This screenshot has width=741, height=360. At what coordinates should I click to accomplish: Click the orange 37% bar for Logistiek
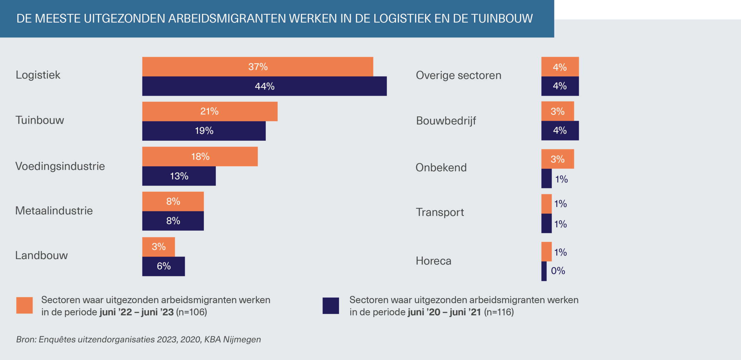pyautogui.click(x=258, y=67)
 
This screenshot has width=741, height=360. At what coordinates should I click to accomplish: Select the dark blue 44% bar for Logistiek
pyautogui.click(x=264, y=86)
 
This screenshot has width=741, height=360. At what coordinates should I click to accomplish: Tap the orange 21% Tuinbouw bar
pyautogui.click(x=210, y=111)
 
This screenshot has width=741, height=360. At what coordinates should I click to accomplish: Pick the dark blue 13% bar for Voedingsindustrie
pyautogui.click(x=179, y=176)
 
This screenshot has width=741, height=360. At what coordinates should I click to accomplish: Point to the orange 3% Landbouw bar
pyautogui.click(x=158, y=247)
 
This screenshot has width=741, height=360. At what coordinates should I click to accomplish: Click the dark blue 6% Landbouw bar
pyautogui.click(x=164, y=266)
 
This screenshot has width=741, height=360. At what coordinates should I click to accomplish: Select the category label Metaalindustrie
pyautogui.click(x=54, y=211)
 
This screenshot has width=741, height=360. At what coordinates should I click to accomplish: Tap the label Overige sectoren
pyautogui.click(x=458, y=75)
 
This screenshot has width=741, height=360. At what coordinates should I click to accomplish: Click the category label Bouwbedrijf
pyautogui.click(x=446, y=120)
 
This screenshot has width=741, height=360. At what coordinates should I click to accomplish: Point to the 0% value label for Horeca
pyautogui.click(x=558, y=271)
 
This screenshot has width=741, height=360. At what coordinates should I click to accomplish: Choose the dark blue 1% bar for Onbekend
pyautogui.click(x=546, y=178)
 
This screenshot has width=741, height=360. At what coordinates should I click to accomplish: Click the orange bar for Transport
pyautogui.click(x=546, y=204)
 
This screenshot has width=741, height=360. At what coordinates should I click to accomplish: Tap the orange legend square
pyautogui.click(x=24, y=305)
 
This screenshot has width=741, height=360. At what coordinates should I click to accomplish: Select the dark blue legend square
pyautogui.click(x=331, y=306)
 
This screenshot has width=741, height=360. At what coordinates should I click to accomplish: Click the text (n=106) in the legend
pyautogui.click(x=192, y=312)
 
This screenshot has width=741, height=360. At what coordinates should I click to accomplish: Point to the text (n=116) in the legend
pyautogui.click(x=499, y=312)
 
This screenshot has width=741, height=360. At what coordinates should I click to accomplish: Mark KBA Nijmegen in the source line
pyautogui.click(x=232, y=339)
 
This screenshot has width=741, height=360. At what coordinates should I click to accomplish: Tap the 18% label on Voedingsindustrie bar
pyautogui.click(x=200, y=157)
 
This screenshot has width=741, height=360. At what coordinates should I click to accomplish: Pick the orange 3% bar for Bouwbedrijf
pyautogui.click(x=557, y=111)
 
